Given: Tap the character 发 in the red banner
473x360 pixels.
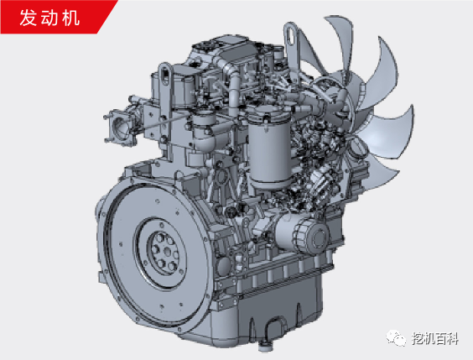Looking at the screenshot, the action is [28, 18].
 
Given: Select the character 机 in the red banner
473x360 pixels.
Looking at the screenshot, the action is [71, 18].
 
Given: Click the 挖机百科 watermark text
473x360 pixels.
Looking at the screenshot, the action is [435, 338].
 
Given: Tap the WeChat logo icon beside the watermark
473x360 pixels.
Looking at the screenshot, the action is [396, 337].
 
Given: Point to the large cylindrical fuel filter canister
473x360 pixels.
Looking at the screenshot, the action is [269, 148].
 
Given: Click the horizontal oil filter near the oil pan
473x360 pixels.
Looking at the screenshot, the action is [302, 233].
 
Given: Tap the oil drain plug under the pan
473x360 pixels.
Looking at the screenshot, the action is [264, 345].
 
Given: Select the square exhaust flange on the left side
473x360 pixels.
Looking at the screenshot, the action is [120, 127].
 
